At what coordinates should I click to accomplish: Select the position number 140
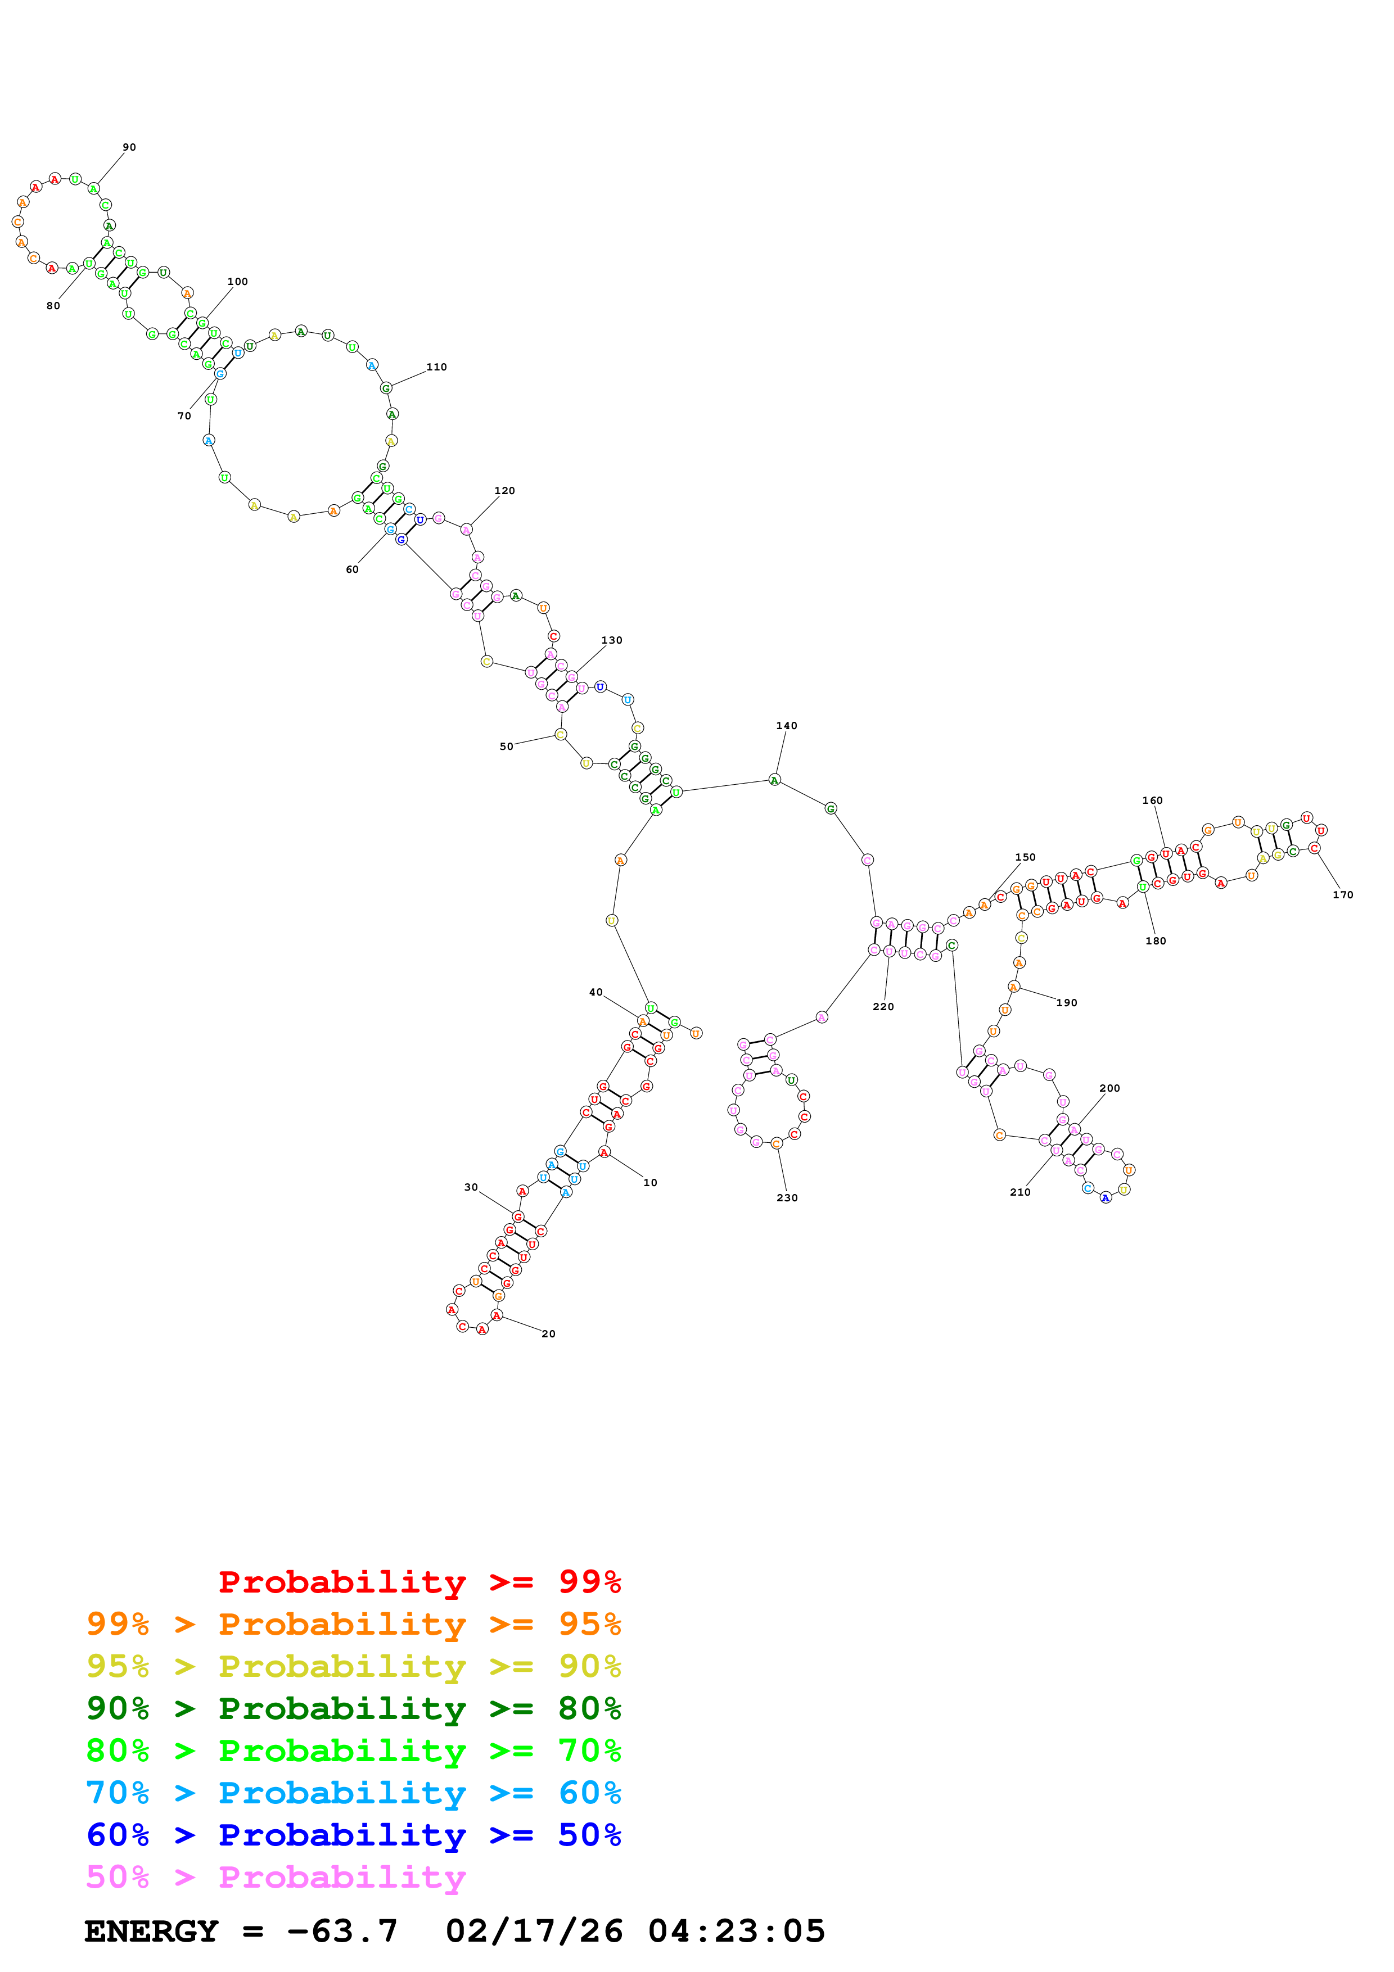786,726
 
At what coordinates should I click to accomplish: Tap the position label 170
1342,895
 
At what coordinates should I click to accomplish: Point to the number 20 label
548,1334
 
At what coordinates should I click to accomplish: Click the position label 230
787,1198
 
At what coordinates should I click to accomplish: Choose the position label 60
352,569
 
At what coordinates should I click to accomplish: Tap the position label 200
1109,1088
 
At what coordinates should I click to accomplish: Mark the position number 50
507,747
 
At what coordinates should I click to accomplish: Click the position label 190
1066,1003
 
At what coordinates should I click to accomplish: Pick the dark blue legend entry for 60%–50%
353,1835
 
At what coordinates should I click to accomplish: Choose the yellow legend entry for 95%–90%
353,1666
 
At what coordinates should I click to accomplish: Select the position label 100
237,282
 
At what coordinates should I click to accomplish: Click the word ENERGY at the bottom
151,1931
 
